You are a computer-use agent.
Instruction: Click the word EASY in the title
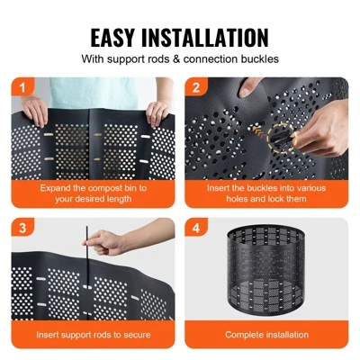click(121, 37)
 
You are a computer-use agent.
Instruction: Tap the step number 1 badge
click(20, 87)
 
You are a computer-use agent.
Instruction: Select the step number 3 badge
click(20, 228)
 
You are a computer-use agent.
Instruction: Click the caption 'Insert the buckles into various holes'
click(266, 194)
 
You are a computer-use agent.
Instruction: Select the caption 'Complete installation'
click(266, 335)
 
